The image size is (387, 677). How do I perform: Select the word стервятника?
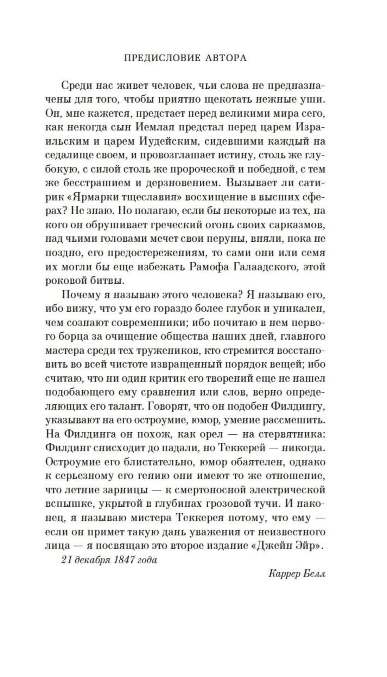[x=293, y=434]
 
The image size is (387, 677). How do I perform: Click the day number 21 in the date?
[x=66, y=560]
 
